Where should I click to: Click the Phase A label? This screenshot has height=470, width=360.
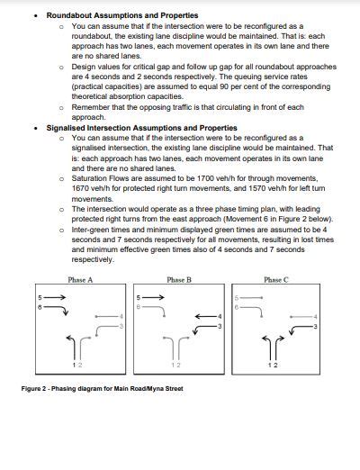point(80,280)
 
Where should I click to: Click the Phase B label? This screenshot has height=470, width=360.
point(179,280)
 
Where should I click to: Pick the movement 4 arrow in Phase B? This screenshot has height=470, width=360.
point(205,316)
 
